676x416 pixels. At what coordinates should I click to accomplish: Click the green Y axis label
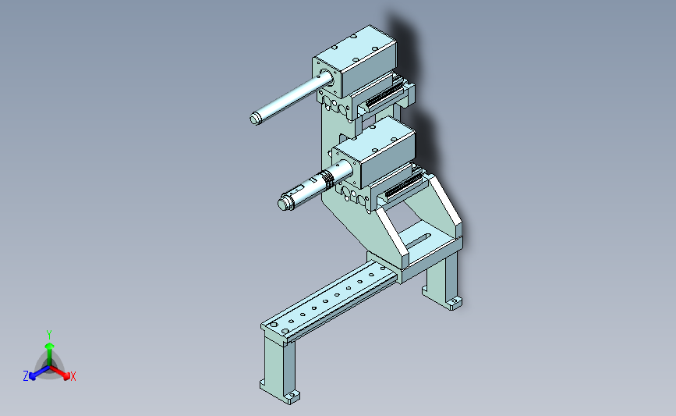pos(49,335)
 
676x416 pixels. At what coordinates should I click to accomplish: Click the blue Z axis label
pos(26,376)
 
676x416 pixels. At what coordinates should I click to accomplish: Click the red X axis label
pos(73,376)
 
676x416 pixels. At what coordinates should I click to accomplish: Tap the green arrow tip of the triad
pos(50,346)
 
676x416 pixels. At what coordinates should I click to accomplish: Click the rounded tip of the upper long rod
pos(255,118)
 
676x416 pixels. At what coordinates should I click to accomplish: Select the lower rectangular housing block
pos(374,152)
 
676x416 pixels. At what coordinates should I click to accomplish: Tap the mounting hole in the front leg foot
pos(292,395)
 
